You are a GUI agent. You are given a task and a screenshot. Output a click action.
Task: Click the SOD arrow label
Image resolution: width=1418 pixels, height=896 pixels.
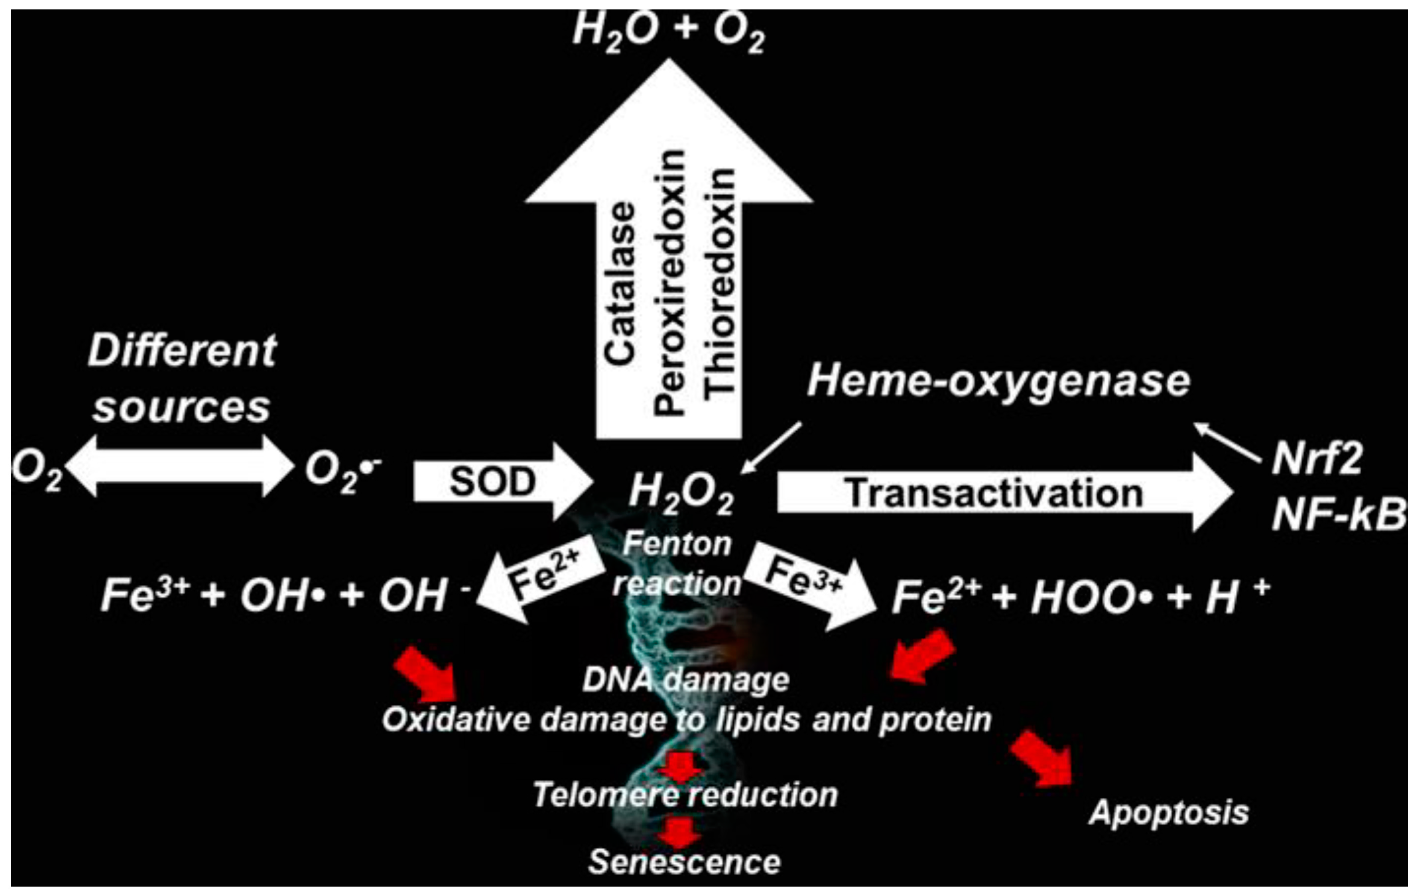(492, 482)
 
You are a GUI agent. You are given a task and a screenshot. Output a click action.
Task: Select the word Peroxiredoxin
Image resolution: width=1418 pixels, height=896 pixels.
(670, 283)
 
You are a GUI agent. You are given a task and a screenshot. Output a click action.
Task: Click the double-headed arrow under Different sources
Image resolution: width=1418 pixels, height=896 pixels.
(180, 466)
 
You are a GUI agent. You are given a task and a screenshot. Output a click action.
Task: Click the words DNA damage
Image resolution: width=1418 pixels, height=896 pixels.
(686, 680)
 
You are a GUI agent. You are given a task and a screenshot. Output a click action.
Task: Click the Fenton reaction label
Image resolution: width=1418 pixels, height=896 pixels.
(677, 563)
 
